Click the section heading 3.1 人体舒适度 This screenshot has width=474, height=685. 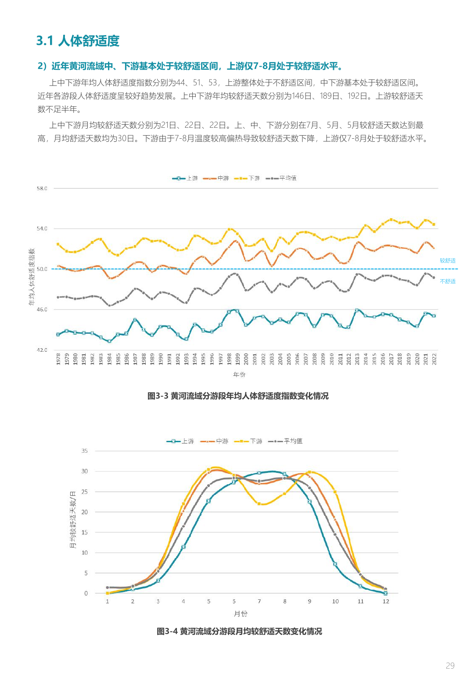click(78, 41)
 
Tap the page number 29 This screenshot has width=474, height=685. click(450, 666)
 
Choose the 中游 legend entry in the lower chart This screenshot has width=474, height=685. click(215, 441)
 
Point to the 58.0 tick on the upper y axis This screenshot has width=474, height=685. click(42, 188)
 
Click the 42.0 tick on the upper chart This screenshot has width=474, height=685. click(42, 350)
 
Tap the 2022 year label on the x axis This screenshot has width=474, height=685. click(434, 359)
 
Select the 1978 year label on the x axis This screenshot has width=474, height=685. click(58, 359)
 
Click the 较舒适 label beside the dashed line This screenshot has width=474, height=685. click(448, 261)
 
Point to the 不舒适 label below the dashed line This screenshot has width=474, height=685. click(448, 281)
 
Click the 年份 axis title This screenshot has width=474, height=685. click(239, 375)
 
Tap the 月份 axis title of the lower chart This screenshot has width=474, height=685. click(241, 613)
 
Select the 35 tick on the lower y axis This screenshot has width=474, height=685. click(84, 451)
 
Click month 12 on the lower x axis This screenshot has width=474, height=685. click(386, 602)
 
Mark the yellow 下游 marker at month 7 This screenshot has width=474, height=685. click(259, 504)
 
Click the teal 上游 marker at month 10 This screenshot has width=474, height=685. click(335, 564)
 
